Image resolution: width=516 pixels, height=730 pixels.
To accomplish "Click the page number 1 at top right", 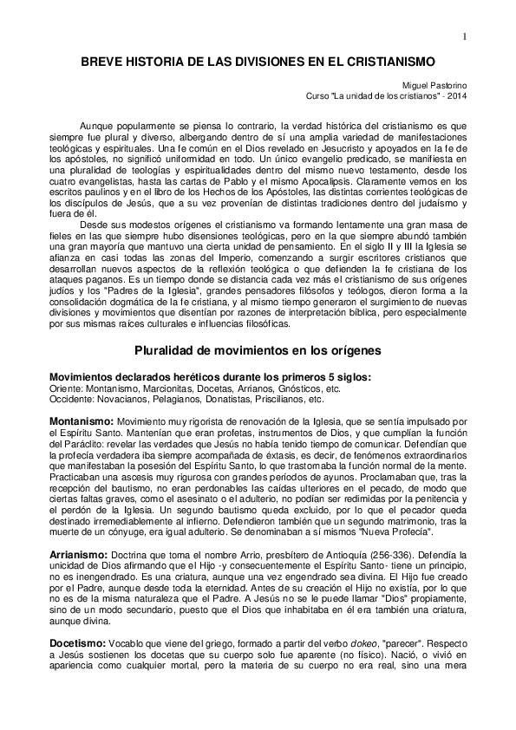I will (x=465, y=36).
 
